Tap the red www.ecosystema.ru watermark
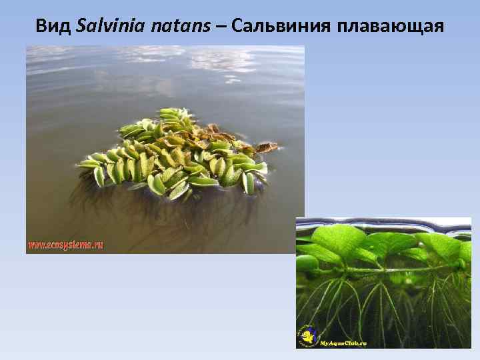pos(65,245)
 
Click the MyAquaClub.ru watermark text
pos(343,343)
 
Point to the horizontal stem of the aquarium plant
pos(387,270)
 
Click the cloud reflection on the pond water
pos(220,60)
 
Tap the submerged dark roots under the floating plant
pos(167,213)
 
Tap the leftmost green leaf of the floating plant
pos(87,163)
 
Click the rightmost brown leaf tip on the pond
pos(269,146)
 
